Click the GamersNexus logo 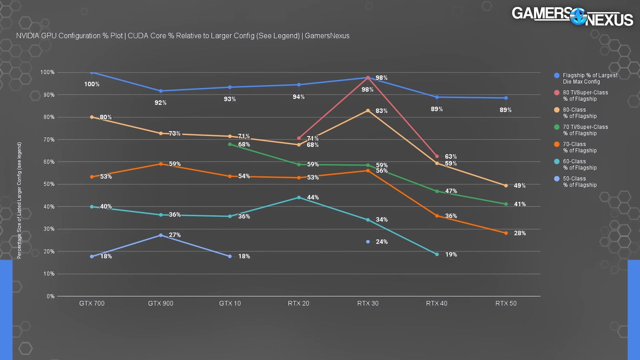572,17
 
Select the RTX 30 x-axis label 368,303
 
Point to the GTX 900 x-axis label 161,303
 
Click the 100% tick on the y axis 47,72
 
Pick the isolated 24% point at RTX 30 368,242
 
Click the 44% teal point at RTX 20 299,198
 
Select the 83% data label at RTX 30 381,111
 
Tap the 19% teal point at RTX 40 437,254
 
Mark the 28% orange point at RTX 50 506,233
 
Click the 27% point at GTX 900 161,235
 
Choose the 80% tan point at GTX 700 92,117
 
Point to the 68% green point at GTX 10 230,144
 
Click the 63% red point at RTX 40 437,156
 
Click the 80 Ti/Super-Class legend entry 585,96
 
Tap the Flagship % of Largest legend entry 590,78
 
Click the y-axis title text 19,200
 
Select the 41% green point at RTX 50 506,204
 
